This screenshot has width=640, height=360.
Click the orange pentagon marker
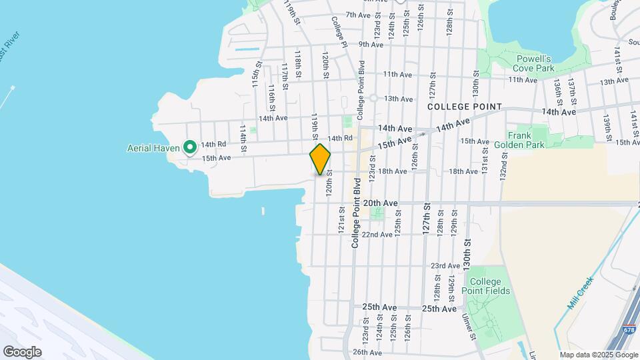(320, 159)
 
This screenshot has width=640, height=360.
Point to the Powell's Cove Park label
(535, 63)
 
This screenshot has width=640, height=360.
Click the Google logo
(23, 351)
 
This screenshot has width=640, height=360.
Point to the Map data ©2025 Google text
(598, 355)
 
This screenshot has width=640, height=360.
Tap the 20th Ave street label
(381, 203)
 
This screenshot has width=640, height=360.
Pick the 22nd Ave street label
(377, 234)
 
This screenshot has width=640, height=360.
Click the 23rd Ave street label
(445, 265)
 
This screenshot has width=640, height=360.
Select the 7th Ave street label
(357, 15)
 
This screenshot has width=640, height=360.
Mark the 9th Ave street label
(371, 45)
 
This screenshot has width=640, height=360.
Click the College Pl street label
(339, 31)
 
